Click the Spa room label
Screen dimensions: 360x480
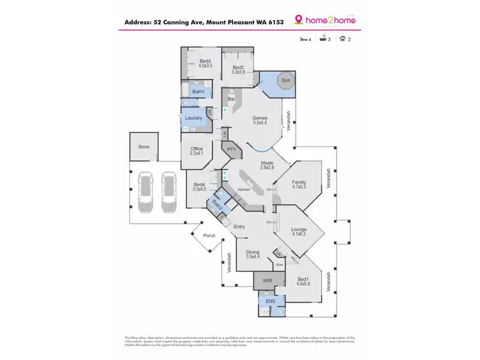285,81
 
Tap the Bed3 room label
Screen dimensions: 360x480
205,61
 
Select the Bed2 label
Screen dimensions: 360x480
238,67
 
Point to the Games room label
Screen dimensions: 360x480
259,118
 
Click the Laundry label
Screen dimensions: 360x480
194,118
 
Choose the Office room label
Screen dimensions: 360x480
196,149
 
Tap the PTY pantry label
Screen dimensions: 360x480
232,150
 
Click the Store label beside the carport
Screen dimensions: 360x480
144,146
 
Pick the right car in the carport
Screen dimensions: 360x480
168,191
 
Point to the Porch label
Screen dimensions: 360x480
209,235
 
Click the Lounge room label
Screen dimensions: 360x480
299,230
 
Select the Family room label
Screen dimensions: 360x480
299,183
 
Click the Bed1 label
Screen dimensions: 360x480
304,279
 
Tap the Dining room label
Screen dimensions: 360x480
253,253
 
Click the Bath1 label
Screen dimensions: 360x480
198,91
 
